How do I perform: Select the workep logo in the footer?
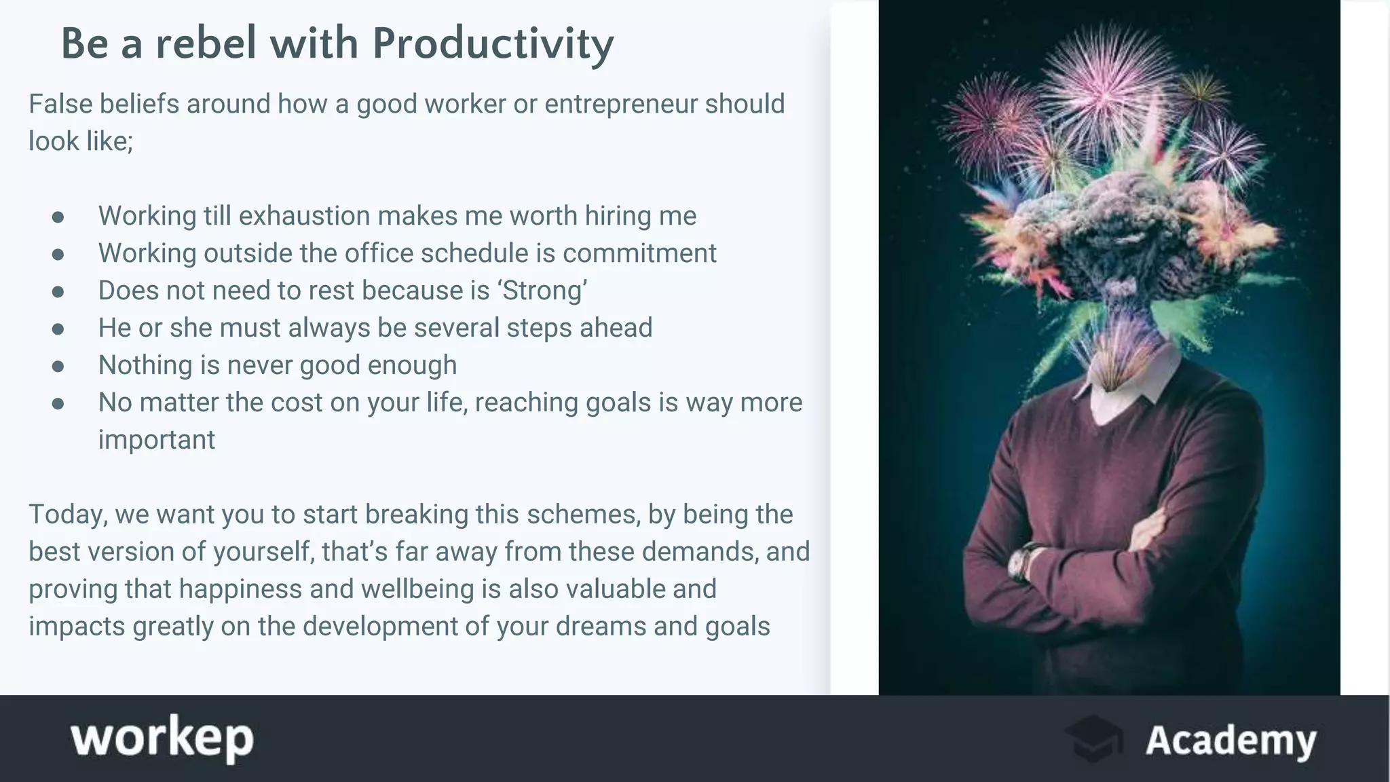[162, 739]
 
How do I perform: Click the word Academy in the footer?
[1231, 740]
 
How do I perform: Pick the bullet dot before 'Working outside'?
[58, 254]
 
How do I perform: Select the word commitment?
[639, 253]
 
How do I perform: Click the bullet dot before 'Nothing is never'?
[58, 366]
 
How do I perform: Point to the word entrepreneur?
[620, 104]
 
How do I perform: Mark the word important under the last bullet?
[157, 440]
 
